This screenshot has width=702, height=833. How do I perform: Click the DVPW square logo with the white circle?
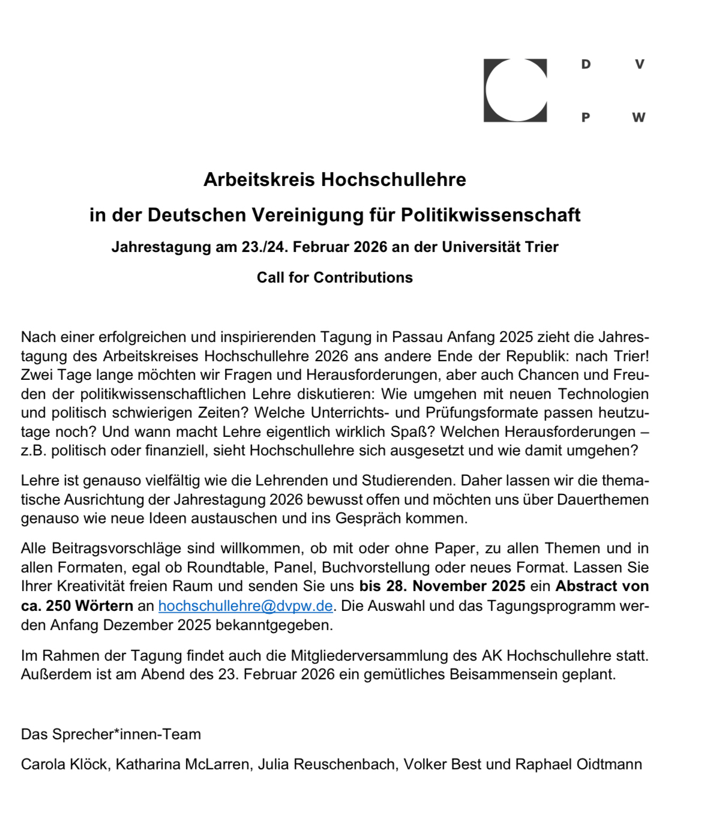pos(515,91)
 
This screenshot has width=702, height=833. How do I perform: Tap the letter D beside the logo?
pos(586,64)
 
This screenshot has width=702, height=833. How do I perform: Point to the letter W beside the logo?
pos(638,118)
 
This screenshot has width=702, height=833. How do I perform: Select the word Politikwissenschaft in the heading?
pos(490,215)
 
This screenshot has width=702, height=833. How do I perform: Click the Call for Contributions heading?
pos(335,277)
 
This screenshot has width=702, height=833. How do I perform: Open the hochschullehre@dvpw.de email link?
pos(245,606)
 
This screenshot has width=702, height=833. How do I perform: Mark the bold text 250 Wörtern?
pos(90,606)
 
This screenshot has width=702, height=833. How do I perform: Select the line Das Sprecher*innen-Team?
pos(111,734)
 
